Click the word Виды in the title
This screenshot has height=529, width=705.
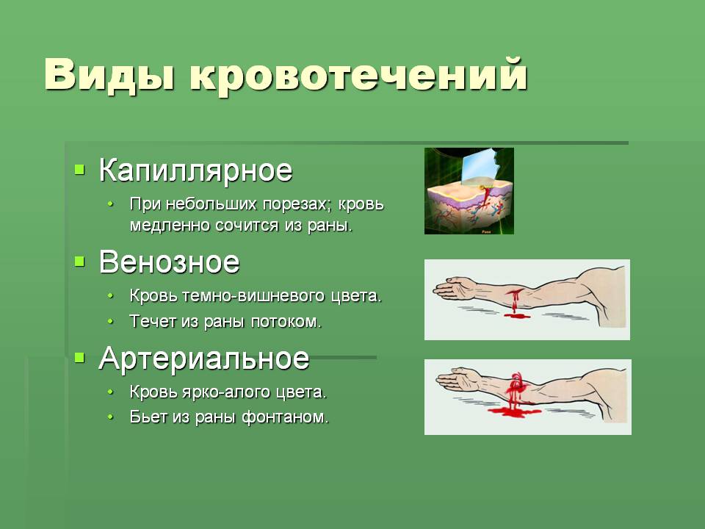(109, 75)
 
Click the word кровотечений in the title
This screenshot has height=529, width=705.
(358, 76)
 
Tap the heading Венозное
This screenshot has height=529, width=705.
(169, 262)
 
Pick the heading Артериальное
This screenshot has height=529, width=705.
(204, 359)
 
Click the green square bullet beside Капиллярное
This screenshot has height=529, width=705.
(79, 170)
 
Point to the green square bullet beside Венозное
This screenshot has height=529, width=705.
(79, 261)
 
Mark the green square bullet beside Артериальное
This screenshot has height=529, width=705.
(79, 358)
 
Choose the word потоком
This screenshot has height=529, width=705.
(286, 322)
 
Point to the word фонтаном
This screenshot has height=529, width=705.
(286, 417)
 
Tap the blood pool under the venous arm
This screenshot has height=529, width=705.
(517, 316)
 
